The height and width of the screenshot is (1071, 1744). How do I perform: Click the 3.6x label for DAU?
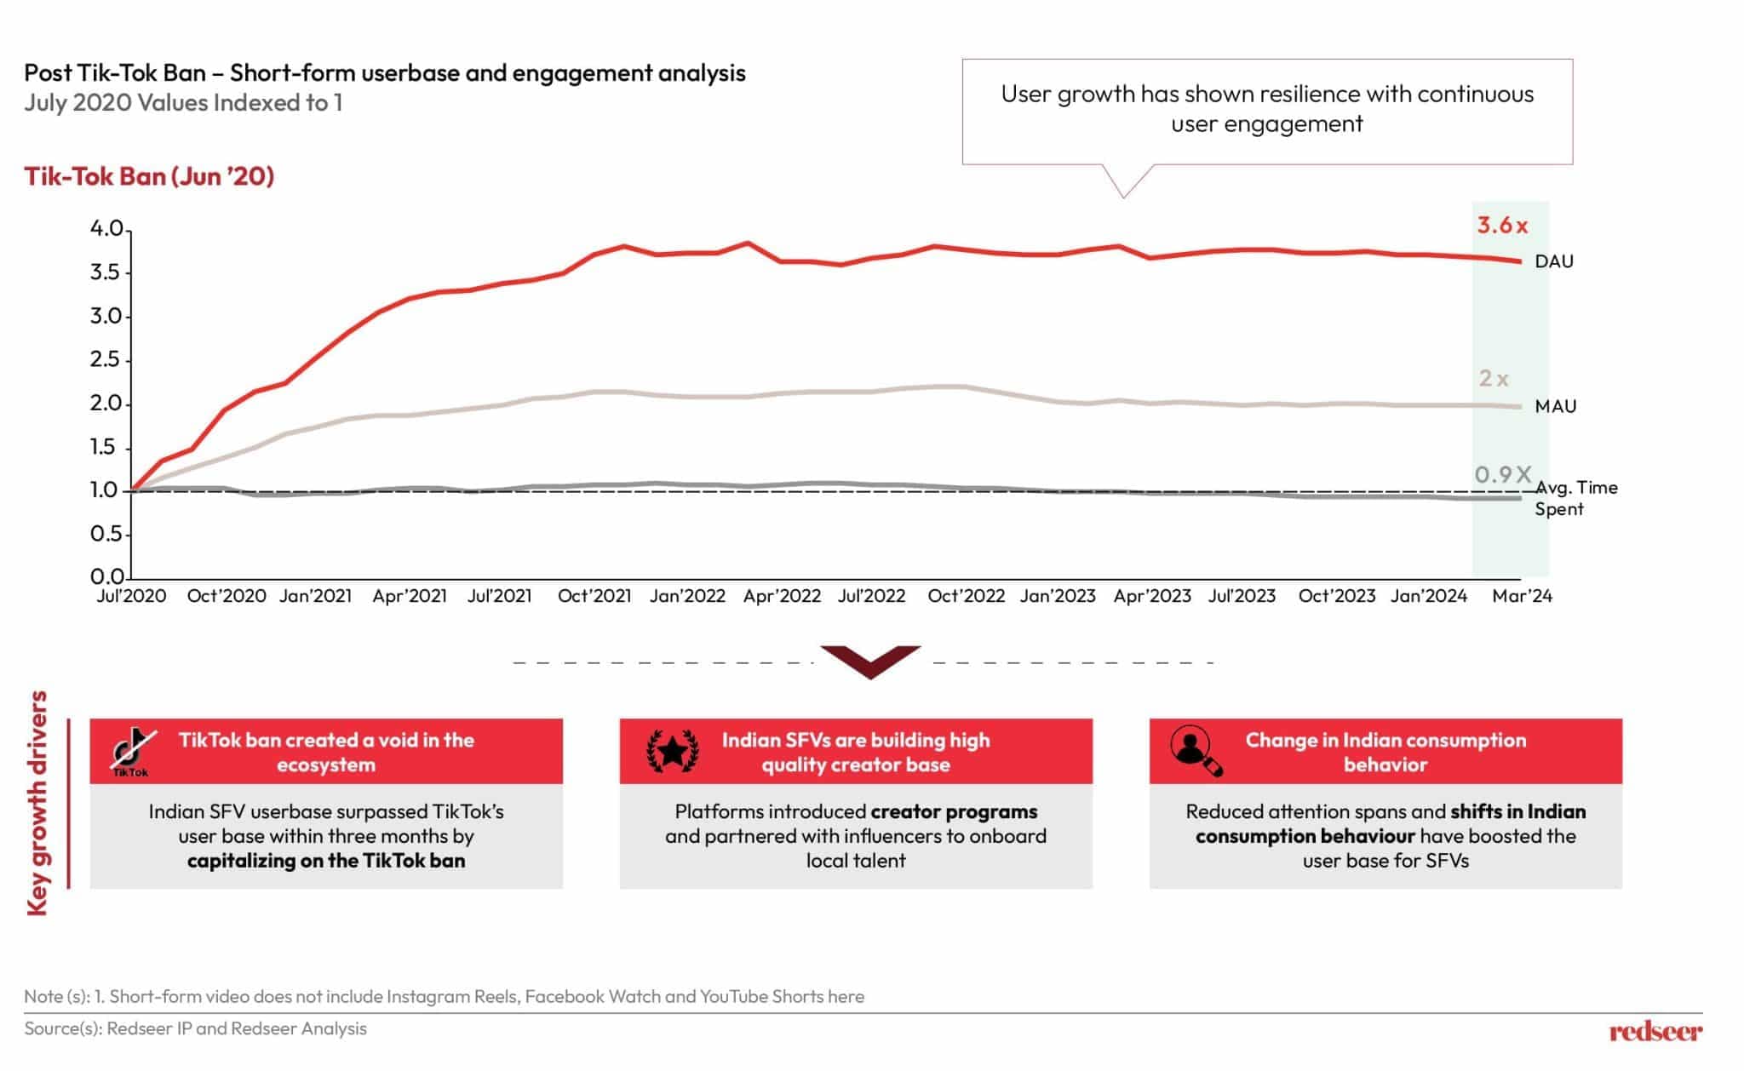click(x=1502, y=226)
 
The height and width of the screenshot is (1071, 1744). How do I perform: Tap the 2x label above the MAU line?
click(x=1494, y=378)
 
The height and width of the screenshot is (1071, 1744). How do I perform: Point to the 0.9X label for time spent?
click(x=1503, y=474)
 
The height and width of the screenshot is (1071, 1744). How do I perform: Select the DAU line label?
click(x=1554, y=261)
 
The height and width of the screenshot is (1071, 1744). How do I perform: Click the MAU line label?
click(x=1555, y=406)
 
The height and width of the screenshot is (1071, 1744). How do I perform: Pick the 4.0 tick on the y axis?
click(x=106, y=229)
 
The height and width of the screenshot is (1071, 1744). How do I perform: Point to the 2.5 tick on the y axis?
click(x=106, y=359)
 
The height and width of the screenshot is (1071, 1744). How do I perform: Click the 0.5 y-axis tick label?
click(x=106, y=534)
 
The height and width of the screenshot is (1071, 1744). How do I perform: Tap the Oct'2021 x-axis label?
click(x=594, y=596)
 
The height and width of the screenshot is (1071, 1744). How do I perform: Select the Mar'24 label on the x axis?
click(x=1522, y=596)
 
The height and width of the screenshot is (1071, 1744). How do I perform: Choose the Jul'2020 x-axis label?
click(x=131, y=596)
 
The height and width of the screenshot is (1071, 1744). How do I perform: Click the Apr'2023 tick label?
click(x=1152, y=596)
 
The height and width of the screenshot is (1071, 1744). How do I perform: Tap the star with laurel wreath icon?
click(x=673, y=751)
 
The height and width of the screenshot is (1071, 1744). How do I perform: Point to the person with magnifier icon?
click(x=1196, y=750)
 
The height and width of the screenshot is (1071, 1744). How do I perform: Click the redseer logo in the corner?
click(x=1655, y=1032)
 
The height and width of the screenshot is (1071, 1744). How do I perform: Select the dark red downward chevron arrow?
click(x=870, y=661)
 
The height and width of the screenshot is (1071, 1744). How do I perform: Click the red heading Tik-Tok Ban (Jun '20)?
click(x=149, y=176)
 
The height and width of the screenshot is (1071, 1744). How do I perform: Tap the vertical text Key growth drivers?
click(x=37, y=803)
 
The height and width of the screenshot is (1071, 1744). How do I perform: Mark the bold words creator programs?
click(x=954, y=811)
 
